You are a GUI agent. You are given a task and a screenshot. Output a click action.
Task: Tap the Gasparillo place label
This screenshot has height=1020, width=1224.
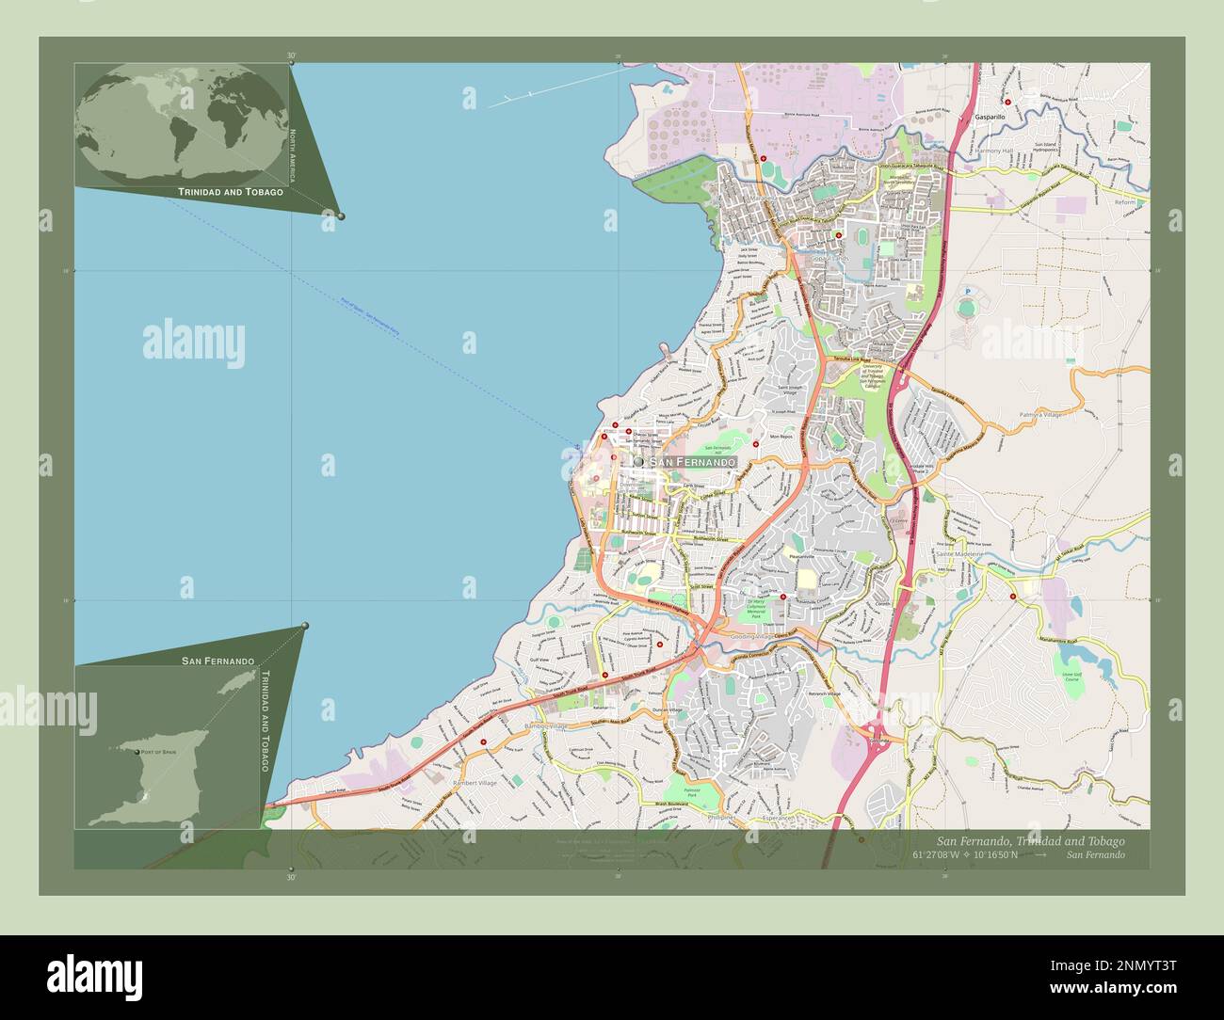point(990,117)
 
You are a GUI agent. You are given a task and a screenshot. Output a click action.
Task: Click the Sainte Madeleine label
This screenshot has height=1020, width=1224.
point(959,555)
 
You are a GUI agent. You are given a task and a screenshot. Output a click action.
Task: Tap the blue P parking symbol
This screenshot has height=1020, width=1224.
point(967,292)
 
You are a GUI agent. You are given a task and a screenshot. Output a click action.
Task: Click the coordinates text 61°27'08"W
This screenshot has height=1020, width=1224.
point(942,854)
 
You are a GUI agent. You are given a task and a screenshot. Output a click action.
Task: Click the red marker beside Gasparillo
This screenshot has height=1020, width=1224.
point(1007,102)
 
